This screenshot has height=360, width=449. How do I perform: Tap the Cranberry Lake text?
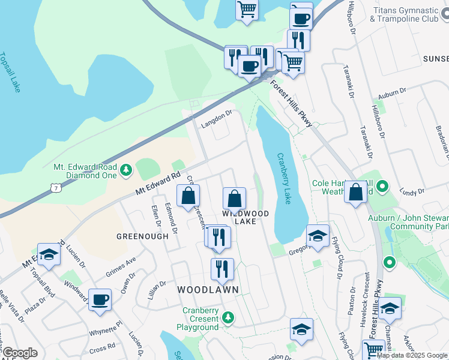point(283,179)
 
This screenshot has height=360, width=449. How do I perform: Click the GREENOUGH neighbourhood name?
point(143,236)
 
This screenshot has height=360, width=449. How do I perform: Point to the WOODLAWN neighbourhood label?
point(208,290)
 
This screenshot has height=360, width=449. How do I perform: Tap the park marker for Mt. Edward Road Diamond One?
point(126,171)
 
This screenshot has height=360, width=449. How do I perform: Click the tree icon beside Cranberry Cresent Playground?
point(228,317)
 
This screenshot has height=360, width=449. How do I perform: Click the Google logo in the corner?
point(20,353)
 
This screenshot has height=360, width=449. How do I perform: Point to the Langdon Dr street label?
point(215,116)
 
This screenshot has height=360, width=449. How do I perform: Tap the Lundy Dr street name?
point(412,192)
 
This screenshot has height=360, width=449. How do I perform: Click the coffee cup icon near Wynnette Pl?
point(100,299)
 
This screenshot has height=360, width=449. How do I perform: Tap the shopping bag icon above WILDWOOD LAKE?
point(234,197)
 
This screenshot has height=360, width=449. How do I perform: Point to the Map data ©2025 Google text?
point(412,355)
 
